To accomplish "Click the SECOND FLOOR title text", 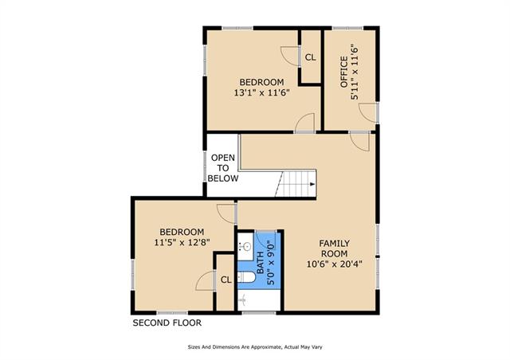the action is [x=167, y=323].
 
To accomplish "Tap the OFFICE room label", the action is [x=344, y=72].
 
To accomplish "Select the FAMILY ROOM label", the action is [x=335, y=248].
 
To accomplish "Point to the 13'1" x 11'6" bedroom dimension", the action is [x=262, y=92].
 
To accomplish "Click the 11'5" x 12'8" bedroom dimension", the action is [x=182, y=242].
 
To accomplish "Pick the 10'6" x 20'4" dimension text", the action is [x=335, y=264].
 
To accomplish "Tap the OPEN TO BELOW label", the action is [x=223, y=168].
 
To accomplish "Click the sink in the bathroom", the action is [x=245, y=246].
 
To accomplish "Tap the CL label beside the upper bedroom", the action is [x=310, y=57].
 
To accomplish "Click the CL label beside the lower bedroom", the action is [x=226, y=280].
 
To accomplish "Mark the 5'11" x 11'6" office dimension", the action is [x=355, y=72].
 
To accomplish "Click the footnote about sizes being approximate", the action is [x=255, y=347].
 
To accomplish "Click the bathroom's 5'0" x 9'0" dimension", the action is [x=271, y=263].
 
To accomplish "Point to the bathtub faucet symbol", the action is [x=242, y=299].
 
